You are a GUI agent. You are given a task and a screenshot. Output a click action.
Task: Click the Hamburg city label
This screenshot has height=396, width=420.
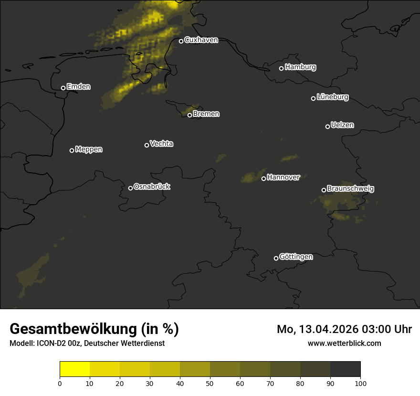[x=300, y=67]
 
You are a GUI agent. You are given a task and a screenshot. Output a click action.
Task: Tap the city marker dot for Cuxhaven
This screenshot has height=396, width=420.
[x=181, y=41]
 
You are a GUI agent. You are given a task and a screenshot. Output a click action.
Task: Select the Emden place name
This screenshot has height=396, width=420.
[x=78, y=87]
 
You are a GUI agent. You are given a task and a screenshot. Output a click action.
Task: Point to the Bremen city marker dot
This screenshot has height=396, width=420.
[x=189, y=115]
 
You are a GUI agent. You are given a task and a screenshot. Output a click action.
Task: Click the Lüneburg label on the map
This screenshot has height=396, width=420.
[x=332, y=97]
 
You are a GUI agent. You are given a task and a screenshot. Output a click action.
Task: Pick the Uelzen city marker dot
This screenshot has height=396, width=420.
[x=327, y=126]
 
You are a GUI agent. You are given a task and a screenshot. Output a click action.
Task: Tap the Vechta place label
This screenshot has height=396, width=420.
[x=161, y=144]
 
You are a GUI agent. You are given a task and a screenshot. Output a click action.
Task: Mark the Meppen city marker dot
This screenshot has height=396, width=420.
[x=72, y=150]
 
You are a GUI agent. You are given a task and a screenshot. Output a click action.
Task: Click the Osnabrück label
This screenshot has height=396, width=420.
[x=152, y=187]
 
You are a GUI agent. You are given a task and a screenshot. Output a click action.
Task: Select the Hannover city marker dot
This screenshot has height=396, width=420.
[x=263, y=178]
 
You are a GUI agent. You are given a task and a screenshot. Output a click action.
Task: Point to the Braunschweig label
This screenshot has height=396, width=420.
[x=350, y=189]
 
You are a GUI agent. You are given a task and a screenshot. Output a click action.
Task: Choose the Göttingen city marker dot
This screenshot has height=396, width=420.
[x=276, y=258]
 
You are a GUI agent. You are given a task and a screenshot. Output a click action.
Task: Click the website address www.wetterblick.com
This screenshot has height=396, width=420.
[x=344, y=343]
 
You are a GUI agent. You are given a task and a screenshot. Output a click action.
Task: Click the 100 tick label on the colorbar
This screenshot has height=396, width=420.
[x=360, y=383]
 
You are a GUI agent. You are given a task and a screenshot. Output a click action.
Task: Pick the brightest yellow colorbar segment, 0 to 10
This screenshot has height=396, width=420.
[x=75, y=369]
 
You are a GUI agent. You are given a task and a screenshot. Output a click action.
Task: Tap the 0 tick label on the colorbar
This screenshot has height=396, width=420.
[x=60, y=383]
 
